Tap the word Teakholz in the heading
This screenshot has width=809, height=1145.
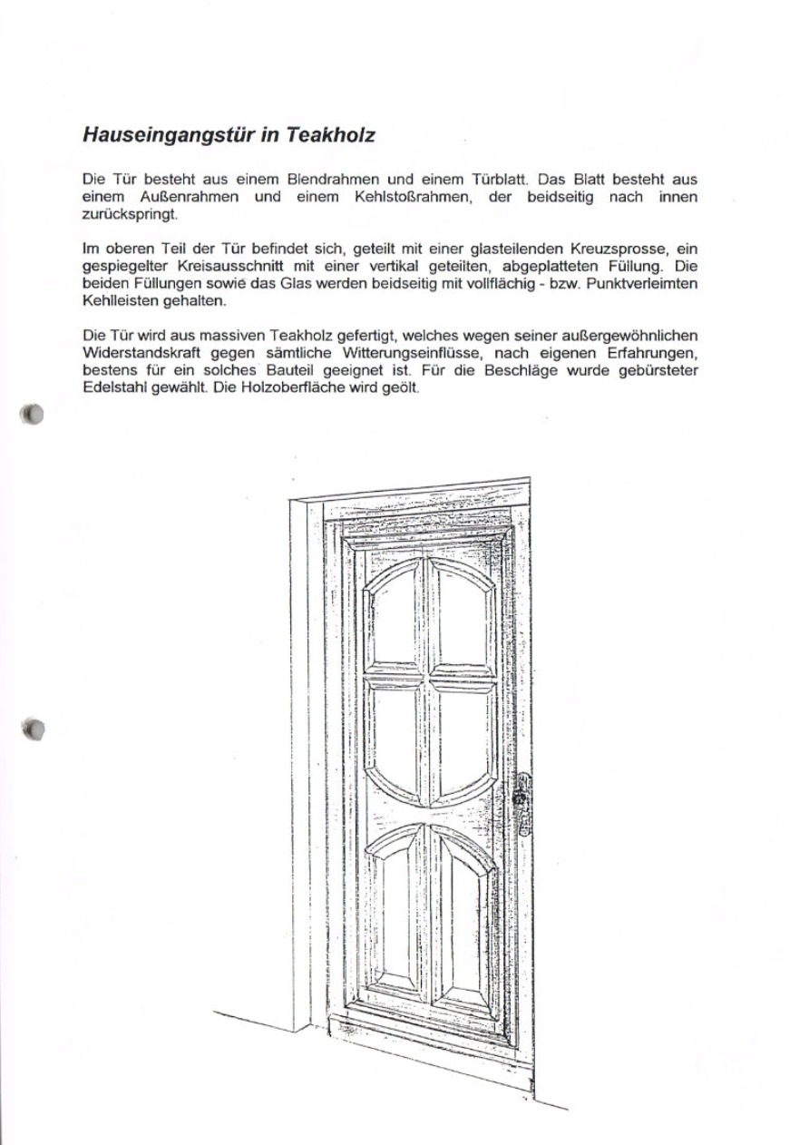330,135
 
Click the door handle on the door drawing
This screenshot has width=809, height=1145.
521,803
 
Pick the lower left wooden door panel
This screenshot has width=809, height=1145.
397,916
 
